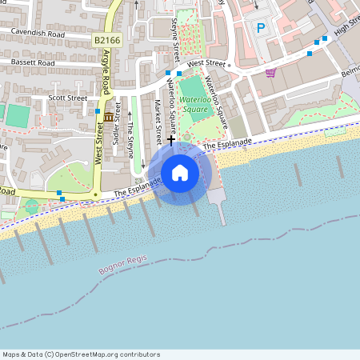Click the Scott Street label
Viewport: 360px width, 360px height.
pyautogui.click(x=67, y=98)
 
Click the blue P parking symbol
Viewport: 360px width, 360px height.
pyautogui.click(x=260, y=28)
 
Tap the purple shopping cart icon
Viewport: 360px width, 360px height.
pyautogui.click(x=270, y=73)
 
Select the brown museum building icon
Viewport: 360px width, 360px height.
pyautogui.click(x=107, y=118)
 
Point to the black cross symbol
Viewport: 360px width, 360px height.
pyautogui.click(x=170, y=140)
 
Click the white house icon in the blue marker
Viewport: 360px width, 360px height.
pyautogui.click(x=180, y=173)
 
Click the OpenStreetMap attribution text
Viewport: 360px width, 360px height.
pyautogui.click(x=82, y=354)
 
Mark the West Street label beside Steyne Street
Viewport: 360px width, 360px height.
pyautogui.click(x=207, y=63)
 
